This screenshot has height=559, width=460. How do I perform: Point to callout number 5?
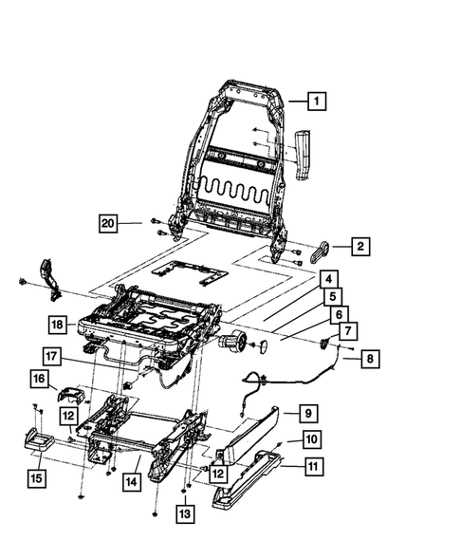332,296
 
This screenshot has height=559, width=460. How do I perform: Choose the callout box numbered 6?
339,314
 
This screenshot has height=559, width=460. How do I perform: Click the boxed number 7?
348,331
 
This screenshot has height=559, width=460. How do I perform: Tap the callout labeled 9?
308,413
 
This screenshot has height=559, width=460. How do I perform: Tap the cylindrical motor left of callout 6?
230,341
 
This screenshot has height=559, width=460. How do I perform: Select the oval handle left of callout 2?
320,250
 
